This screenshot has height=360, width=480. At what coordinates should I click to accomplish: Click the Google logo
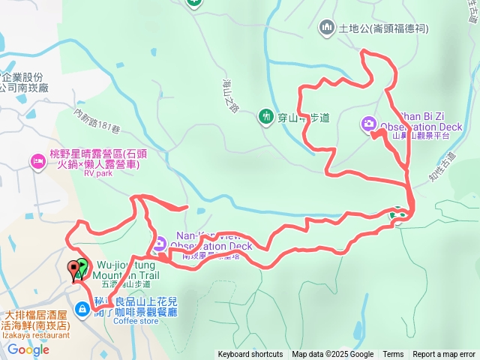tap(28, 349)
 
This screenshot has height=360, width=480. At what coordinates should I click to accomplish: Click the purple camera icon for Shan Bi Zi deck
tap(369, 123)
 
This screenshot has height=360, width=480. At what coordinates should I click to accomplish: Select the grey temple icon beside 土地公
tap(326, 28)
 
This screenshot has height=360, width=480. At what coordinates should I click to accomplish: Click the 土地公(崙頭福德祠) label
tap(382, 28)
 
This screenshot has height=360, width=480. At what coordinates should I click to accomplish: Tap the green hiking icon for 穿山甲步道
tap(265, 115)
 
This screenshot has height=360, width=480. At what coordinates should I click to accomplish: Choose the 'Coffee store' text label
tap(136, 321)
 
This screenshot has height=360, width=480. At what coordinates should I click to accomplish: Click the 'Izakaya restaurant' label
tap(33, 336)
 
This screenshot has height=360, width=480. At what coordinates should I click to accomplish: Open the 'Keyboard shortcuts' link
tap(250, 355)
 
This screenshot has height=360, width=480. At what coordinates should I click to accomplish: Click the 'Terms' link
tap(393, 355)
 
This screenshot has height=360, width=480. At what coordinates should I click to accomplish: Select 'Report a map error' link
tap(444, 355)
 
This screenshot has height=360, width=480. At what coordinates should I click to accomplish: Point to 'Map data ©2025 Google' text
tap(332, 355)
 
